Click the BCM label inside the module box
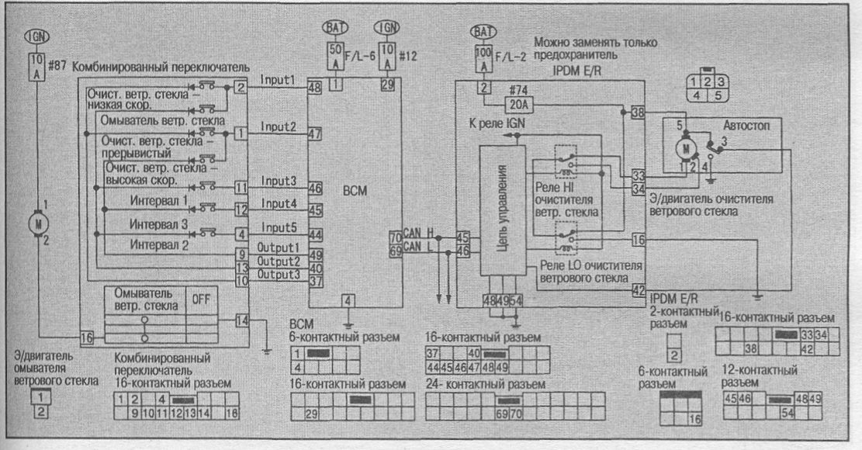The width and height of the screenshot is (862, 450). [x=355, y=191]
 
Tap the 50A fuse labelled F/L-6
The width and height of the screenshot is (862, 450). [x=335, y=57]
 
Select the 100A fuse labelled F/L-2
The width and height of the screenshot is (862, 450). [x=483, y=60]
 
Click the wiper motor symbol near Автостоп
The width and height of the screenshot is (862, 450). [x=686, y=147]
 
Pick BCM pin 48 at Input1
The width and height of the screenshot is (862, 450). [x=314, y=87]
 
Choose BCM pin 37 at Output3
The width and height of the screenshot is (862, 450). [x=315, y=282]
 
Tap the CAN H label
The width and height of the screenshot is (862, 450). [x=417, y=233]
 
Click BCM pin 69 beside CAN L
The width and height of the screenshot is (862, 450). [x=395, y=251]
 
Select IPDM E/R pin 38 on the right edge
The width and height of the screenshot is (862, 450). [x=638, y=112]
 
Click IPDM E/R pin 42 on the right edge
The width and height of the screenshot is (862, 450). [x=638, y=290]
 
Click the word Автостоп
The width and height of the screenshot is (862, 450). [x=746, y=126]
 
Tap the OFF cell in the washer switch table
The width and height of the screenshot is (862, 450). [x=201, y=299]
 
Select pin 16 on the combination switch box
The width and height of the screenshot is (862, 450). [x=86, y=337]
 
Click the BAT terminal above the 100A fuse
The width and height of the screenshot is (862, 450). [x=483, y=32]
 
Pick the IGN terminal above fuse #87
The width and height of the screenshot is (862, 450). [x=36, y=37]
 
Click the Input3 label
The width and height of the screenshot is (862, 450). [x=279, y=181]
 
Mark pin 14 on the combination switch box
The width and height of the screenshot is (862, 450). [x=242, y=320]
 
